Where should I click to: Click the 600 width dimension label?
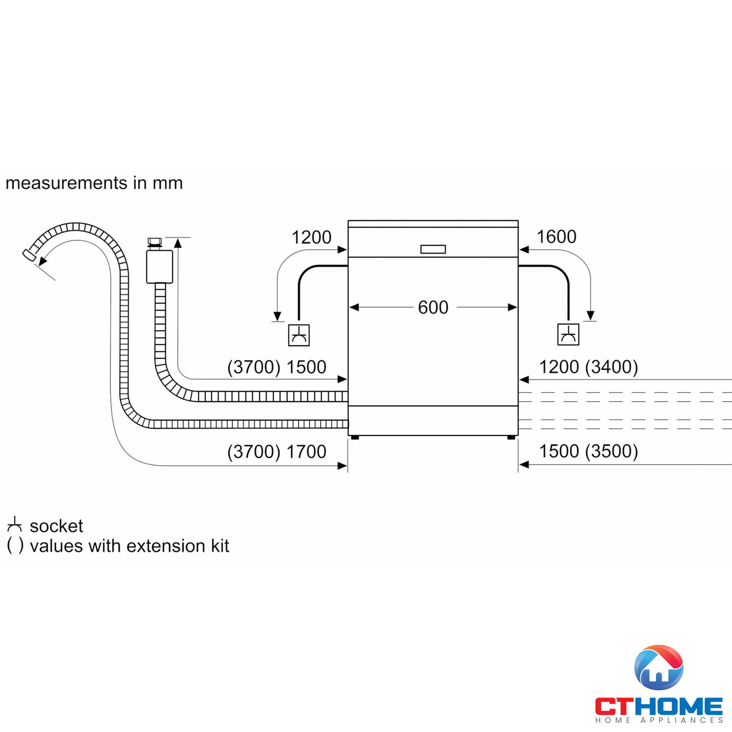coord(433,307)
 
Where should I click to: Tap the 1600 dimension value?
coord(556,237)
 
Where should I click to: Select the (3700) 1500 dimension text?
coord(277,367)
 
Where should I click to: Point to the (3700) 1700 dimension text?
coord(277,451)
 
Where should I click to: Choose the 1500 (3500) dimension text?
coord(589,451)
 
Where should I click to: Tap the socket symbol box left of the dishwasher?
coord(299,335)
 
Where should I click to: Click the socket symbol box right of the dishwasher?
coord(568,334)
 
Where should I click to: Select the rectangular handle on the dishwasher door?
coord(433,249)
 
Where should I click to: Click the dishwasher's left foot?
coord(355,438)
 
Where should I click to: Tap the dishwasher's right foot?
coord(511,438)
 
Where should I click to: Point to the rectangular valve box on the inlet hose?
coord(160,267)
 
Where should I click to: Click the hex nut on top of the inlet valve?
coord(154,241)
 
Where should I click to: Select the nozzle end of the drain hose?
coord(29,254)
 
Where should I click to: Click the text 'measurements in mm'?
coord(94,183)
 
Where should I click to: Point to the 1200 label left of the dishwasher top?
coord(311,238)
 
